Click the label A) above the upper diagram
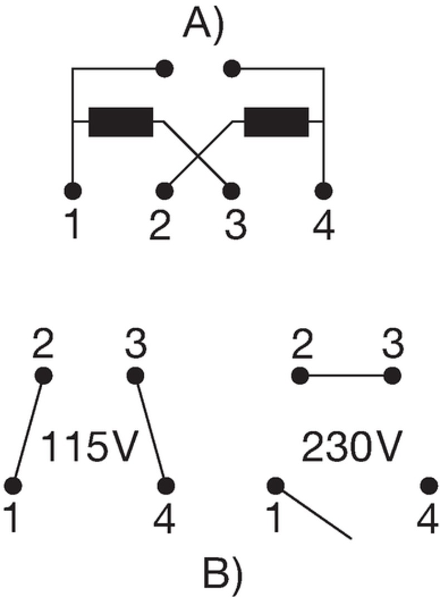(x=203, y=24)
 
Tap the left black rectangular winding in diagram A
(x=121, y=122)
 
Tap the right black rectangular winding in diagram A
(x=276, y=122)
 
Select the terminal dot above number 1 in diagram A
(x=73, y=191)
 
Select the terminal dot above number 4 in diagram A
(x=324, y=191)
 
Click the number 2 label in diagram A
(x=160, y=225)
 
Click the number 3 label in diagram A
(x=236, y=225)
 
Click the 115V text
(x=88, y=446)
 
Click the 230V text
(x=351, y=446)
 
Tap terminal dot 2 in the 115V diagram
(x=44, y=376)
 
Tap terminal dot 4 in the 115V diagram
(x=166, y=486)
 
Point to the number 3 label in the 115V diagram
(x=136, y=344)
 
